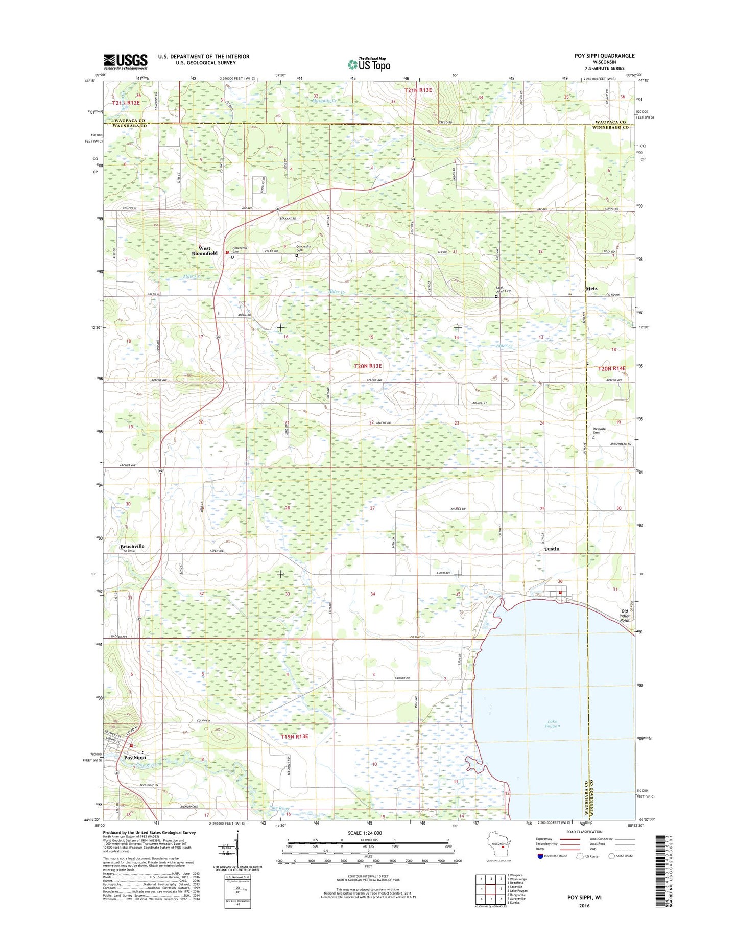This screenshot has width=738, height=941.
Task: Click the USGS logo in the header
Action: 126,62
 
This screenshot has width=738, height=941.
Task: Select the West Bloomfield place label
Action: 204,251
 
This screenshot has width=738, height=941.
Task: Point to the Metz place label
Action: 591,289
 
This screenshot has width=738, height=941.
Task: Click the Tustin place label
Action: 552,549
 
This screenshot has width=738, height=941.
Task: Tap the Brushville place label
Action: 132,546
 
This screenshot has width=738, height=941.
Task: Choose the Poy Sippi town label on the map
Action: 135,757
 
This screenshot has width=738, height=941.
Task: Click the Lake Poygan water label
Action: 552,724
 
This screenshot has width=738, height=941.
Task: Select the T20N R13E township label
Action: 368,366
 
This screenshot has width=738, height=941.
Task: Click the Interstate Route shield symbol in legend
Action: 540,870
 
